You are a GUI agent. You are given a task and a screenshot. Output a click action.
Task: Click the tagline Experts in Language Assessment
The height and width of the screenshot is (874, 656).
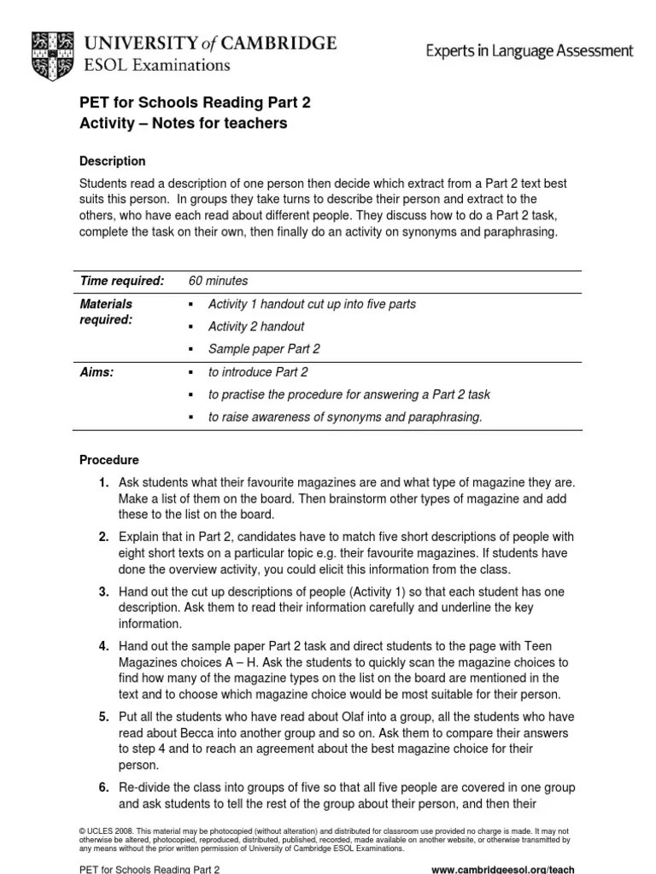(x=530, y=51)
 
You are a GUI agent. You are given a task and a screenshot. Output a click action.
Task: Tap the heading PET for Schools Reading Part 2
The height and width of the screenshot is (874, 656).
(x=195, y=102)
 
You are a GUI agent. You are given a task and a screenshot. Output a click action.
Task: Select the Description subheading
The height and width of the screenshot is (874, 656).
(x=112, y=161)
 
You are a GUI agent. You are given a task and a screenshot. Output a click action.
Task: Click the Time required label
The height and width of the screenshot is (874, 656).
(x=121, y=281)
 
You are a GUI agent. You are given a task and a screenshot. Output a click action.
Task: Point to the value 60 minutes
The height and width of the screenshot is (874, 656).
(x=218, y=281)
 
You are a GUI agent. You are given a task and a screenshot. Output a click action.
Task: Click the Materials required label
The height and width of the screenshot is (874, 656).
(x=106, y=312)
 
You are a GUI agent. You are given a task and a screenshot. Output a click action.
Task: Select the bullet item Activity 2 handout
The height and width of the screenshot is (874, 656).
(x=256, y=326)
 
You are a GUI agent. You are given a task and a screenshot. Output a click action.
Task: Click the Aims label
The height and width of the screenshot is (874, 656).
(x=96, y=372)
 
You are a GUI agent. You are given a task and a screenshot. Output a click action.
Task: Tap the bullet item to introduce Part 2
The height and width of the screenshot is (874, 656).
(x=258, y=372)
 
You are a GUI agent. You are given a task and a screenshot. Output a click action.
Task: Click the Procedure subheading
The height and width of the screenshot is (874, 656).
(x=108, y=460)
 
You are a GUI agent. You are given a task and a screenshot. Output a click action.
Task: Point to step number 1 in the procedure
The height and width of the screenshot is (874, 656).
(x=103, y=483)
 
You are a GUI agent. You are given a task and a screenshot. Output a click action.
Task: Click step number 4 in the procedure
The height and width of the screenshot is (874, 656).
(x=103, y=645)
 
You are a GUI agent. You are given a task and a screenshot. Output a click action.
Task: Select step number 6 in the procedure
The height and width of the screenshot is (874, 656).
(x=103, y=787)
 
